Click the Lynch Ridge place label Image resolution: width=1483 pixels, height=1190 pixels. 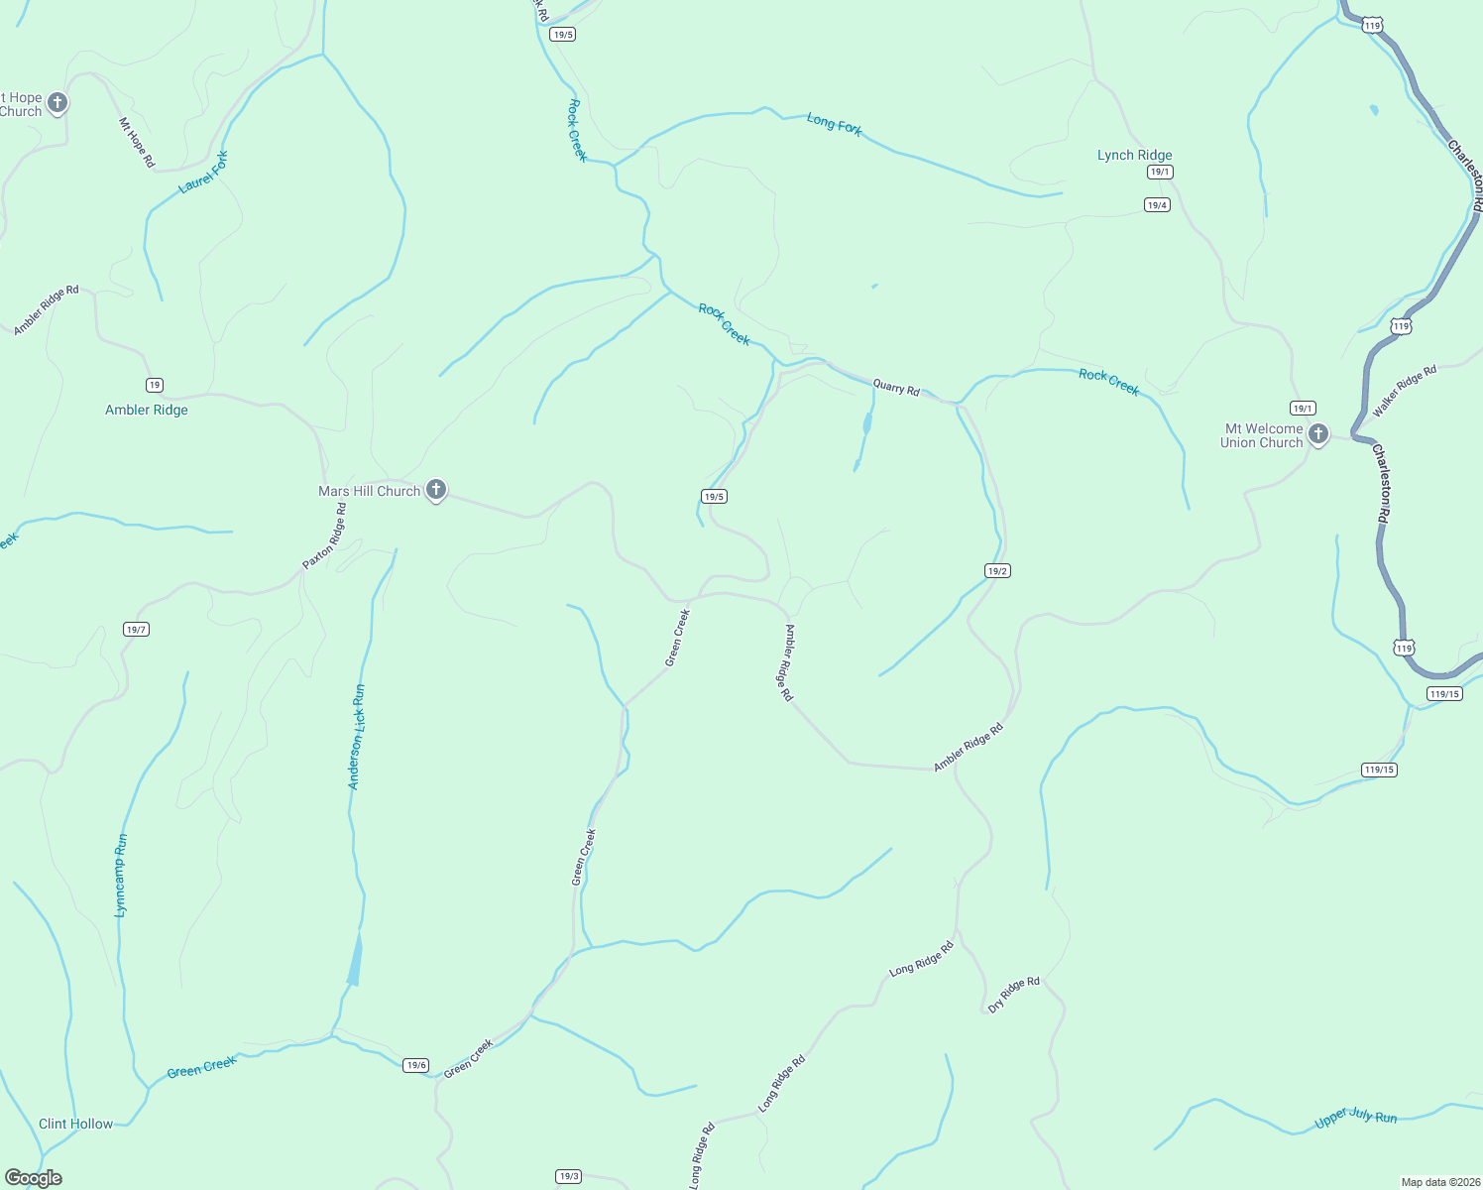pyautogui.click(x=1134, y=155)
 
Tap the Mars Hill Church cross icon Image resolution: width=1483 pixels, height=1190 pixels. pyautogui.click(x=435, y=489)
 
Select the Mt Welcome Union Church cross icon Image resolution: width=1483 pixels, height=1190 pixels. pyautogui.click(x=1317, y=433)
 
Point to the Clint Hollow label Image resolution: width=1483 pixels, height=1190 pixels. pyautogui.click(x=75, y=1124)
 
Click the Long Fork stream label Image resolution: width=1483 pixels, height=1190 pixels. pyautogui.click(x=834, y=124)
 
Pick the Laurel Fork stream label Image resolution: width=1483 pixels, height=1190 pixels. pyautogui.click(x=204, y=173)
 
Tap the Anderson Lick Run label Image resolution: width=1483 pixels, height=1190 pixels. pyautogui.click(x=356, y=737)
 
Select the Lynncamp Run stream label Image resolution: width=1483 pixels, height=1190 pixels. pyautogui.click(x=121, y=875)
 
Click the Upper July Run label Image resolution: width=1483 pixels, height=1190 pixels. pyautogui.click(x=1355, y=1118)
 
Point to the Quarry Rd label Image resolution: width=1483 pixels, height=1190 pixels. pyautogui.click(x=896, y=388)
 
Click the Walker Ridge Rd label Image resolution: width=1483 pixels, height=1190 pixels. pyautogui.click(x=1404, y=391)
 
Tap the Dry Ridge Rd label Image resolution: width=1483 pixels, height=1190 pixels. pyautogui.click(x=1013, y=995)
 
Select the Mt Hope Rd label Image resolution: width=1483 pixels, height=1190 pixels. pyautogui.click(x=137, y=143)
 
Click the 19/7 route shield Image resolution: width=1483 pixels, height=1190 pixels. pyautogui.click(x=136, y=629)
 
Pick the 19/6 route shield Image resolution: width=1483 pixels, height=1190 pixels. pyautogui.click(x=416, y=1065)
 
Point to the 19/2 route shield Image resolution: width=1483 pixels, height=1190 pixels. pyautogui.click(x=997, y=570)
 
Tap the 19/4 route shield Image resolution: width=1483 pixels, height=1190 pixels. pyautogui.click(x=1157, y=205)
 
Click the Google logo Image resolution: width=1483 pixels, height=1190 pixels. pyautogui.click(x=33, y=1178)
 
